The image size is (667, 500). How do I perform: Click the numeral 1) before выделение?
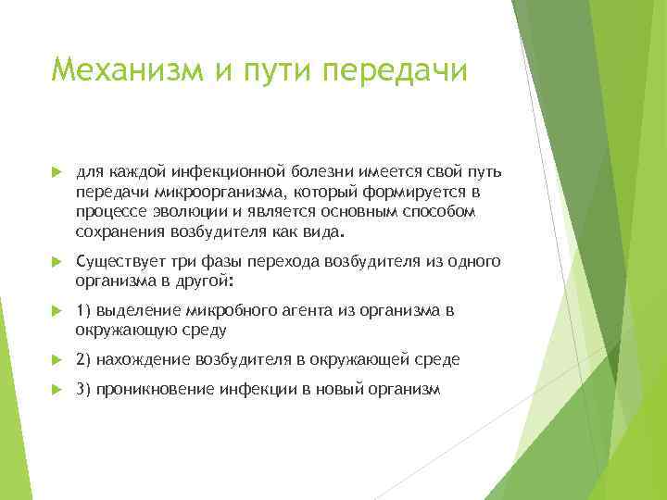[x=83, y=311]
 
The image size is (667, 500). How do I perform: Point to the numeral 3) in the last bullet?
[x=83, y=390]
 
